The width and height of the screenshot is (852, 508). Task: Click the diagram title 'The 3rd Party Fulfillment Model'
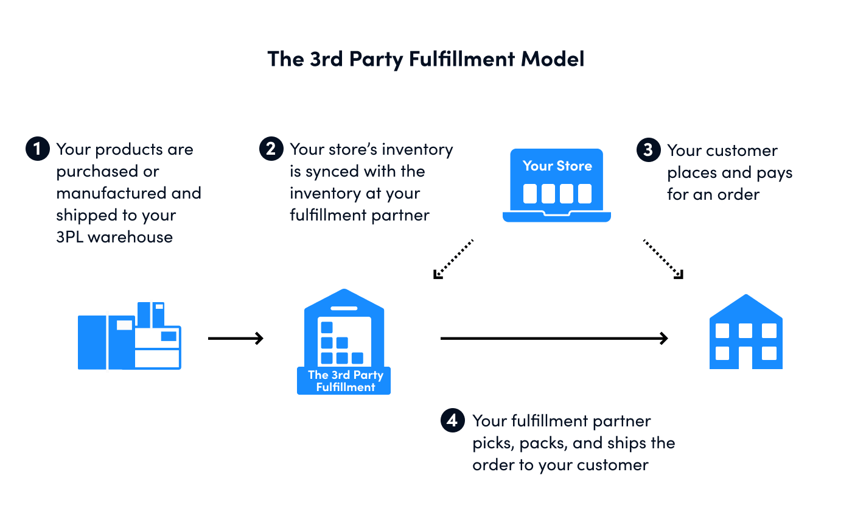click(425, 59)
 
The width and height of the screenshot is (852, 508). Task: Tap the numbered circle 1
click(37, 149)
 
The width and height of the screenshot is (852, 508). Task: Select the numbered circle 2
click(271, 149)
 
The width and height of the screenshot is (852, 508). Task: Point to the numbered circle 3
click(648, 150)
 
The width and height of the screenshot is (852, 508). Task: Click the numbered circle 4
click(452, 421)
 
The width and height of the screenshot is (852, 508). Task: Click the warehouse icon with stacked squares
click(344, 332)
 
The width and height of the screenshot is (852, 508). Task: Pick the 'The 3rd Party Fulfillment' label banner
click(344, 381)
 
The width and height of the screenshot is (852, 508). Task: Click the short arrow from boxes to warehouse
click(236, 338)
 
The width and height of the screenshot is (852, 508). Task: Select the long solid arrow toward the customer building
click(554, 338)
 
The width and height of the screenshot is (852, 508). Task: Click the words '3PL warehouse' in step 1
click(114, 237)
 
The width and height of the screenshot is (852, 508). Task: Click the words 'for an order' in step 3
click(713, 195)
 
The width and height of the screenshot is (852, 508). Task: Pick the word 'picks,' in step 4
click(492, 443)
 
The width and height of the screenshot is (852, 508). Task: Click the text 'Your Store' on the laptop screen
click(557, 166)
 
